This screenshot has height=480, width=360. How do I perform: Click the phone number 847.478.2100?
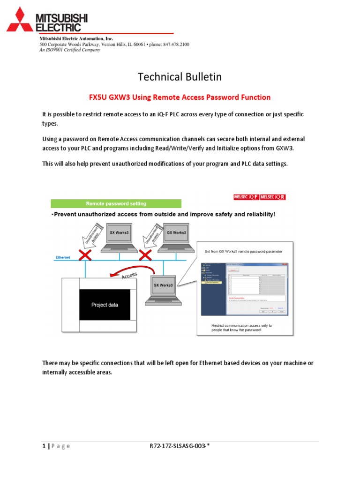coord(176,45)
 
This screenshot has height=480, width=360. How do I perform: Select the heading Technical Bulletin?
coord(180,76)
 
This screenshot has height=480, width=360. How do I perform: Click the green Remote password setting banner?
coord(115,203)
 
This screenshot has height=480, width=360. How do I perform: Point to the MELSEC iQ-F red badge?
coord(246,197)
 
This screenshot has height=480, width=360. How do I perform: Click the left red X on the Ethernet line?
coord(85,255)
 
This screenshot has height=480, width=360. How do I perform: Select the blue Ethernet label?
coord(63,257)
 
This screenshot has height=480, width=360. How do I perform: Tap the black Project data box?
coord(105,305)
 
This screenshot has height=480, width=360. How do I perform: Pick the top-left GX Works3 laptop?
coord(119,239)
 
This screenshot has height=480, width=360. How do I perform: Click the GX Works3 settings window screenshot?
coord(245,289)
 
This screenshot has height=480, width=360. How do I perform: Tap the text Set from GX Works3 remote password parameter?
coord(244,252)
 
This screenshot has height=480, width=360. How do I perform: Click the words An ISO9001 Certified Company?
coord(69,50)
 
